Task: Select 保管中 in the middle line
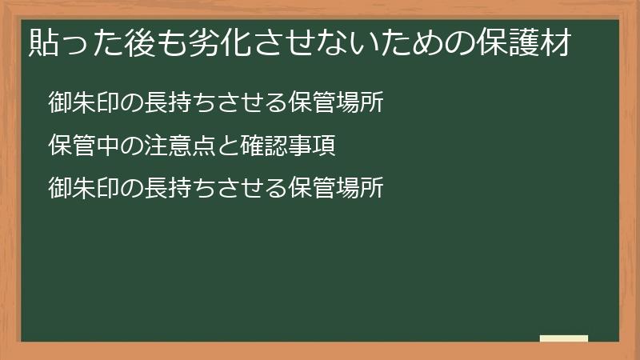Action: click(79, 146)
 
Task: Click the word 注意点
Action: click(162, 146)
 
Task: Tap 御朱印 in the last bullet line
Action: click(79, 188)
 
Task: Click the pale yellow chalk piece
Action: click(564, 338)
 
